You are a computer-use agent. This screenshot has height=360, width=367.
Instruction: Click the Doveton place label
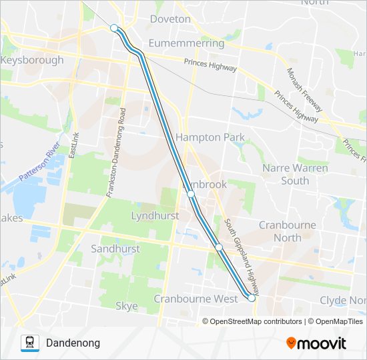pos(170,19)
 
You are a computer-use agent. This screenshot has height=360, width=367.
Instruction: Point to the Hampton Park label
pos(210,137)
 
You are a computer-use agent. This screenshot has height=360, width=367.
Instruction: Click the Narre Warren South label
pos(295,174)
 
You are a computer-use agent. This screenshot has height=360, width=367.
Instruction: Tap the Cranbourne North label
pos(288,231)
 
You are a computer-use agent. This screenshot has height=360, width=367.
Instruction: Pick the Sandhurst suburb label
pos(115,249)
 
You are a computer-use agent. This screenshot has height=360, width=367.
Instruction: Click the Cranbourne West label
pos(196,299)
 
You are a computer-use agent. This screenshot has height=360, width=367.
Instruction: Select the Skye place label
pos(127,306)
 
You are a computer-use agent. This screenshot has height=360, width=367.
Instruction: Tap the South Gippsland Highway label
pos(242,257)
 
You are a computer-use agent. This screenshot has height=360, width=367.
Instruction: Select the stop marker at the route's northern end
pos(114,28)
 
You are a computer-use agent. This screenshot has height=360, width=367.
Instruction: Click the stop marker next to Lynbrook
pos(191,194)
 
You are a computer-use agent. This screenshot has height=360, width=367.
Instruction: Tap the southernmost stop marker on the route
pos(252,299)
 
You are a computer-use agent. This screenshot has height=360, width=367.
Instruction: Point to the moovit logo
pos(316,343)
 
